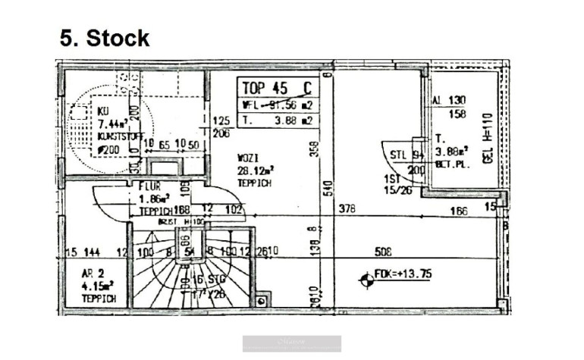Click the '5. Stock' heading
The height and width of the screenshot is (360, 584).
click(105, 38)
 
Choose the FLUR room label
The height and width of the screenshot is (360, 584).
click(147, 186)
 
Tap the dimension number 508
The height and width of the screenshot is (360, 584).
click(385, 251)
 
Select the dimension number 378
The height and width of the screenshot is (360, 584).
click(347, 209)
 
